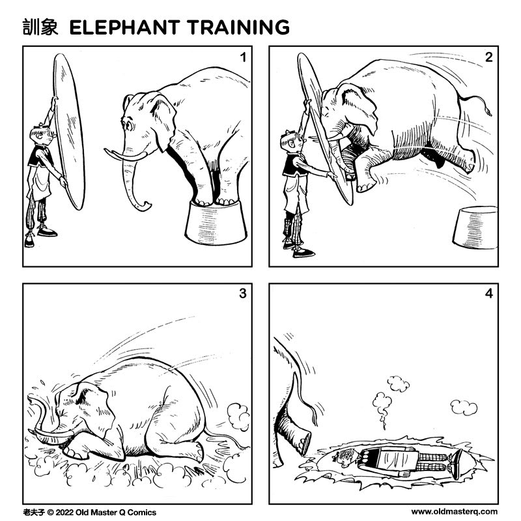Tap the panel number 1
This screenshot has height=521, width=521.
242,57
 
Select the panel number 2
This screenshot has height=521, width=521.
488,57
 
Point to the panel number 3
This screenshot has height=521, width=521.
242,294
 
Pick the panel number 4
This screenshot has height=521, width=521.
488,294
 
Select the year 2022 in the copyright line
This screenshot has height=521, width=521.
63,512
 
